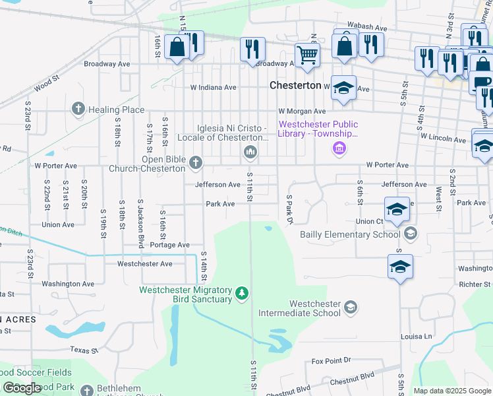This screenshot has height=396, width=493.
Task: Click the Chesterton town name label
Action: [295, 86]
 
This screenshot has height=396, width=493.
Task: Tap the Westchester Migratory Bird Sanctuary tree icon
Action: [242, 292]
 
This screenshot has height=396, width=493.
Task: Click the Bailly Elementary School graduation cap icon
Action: [411, 233]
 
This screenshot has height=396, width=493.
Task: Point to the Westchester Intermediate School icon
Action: [351, 307]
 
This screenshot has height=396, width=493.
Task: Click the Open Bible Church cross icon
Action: [195, 162]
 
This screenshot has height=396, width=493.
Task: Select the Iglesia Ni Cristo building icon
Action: [250, 153]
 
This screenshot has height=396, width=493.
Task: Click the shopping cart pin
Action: [307, 56]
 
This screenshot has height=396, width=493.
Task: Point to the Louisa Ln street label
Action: [416, 336]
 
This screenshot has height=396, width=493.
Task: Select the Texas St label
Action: [84, 350]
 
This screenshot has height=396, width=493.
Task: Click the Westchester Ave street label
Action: [144, 263]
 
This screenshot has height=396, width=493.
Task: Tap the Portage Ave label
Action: [170, 245]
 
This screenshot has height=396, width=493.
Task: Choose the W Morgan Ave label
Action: [302, 112]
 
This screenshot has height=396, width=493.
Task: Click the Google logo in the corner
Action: [22, 388]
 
